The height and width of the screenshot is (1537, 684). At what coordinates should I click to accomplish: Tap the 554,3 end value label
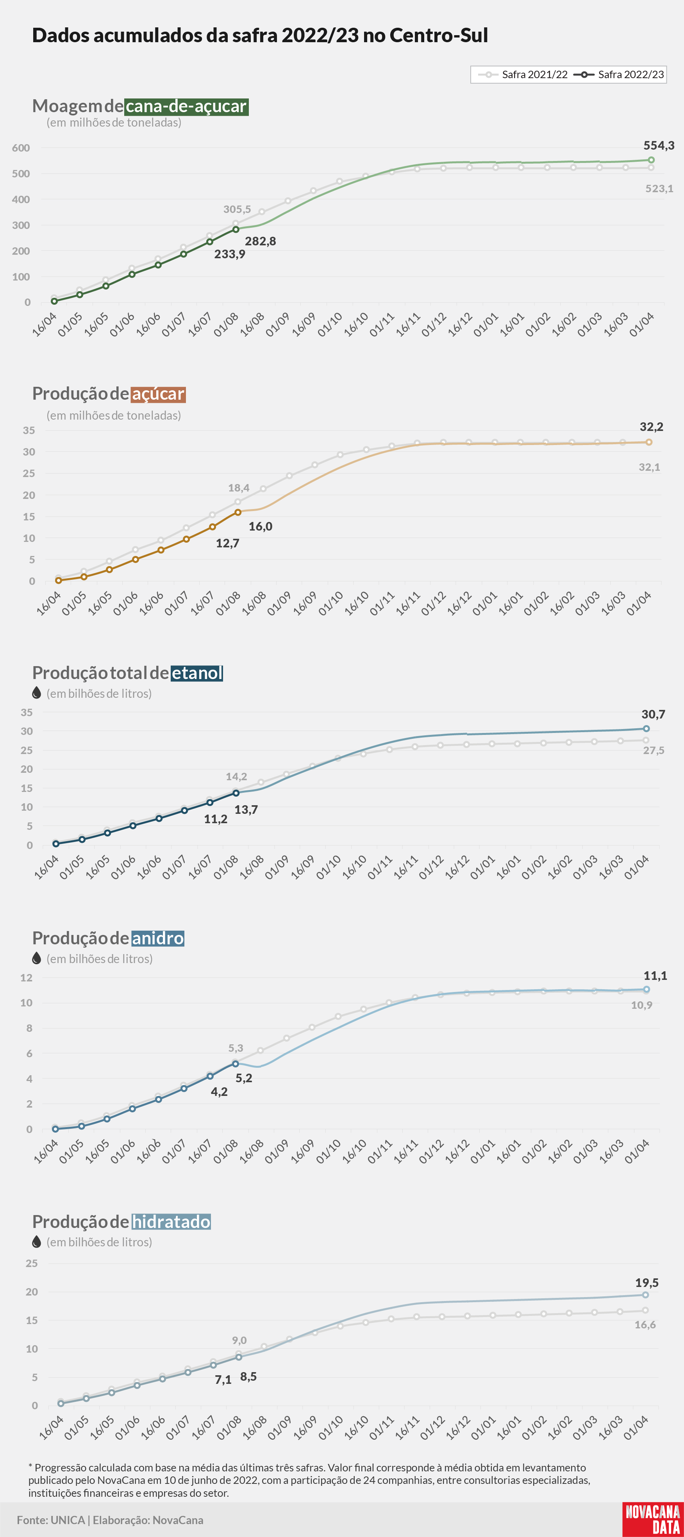tap(658, 146)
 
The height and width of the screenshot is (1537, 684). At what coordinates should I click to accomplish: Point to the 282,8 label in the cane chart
tap(260, 241)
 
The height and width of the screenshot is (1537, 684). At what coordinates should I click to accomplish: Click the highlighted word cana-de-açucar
tap(186, 106)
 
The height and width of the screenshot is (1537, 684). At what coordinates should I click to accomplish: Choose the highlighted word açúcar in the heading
tap(158, 394)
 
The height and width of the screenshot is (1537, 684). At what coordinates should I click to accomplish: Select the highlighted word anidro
tap(157, 938)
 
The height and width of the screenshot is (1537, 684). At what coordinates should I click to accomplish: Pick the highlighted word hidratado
tap(171, 1222)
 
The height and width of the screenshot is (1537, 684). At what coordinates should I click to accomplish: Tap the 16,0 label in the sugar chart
tap(260, 526)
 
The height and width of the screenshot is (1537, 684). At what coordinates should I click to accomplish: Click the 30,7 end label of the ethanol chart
tap(653, 714)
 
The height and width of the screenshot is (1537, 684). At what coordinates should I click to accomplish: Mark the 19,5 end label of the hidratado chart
tap(646, 1283)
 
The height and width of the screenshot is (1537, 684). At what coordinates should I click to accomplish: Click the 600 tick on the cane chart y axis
tap(21, 148)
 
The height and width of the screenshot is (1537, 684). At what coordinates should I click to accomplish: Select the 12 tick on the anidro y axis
tap(26, 978)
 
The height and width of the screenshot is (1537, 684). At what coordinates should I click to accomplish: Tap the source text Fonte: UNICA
tap(51, 1520)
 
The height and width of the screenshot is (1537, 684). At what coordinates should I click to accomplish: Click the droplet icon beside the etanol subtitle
tap(36, 693)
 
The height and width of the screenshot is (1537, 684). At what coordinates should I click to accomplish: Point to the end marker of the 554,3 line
tap(651, 160)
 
